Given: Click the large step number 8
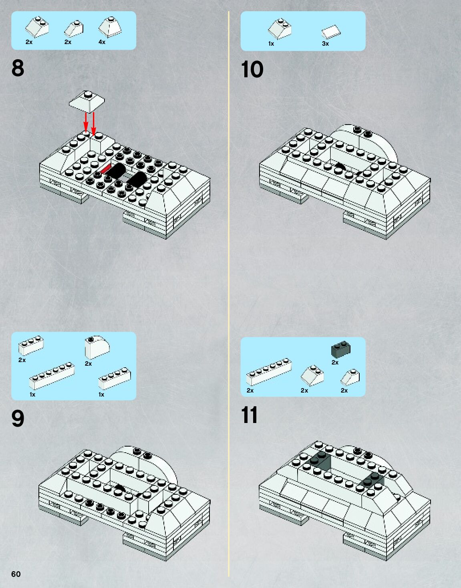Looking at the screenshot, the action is pos(18,68).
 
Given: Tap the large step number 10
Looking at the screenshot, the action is pos(252,69).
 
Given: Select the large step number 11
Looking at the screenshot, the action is pos(249,415).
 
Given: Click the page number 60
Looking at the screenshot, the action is pos(16,574).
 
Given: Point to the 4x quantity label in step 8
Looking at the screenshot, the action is pos(102,42).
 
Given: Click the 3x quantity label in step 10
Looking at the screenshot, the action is pos(325,44).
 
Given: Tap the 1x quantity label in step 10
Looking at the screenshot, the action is pos(271,44).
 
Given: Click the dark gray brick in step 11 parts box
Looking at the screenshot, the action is pos(341,349).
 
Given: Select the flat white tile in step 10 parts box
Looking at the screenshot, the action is pos(331,32).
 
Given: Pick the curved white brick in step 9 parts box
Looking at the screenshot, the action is pos(97,347).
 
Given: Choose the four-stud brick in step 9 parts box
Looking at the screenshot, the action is pos(115,378).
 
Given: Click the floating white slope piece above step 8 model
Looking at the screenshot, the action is pos(87,102).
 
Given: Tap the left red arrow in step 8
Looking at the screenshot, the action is pos(85,122).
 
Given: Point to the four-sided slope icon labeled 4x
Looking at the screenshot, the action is pos(110,27).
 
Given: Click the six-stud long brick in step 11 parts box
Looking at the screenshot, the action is pos(269,372).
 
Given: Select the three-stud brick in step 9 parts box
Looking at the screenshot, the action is pos(31,346).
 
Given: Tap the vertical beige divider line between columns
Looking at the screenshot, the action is pos(229,294).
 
